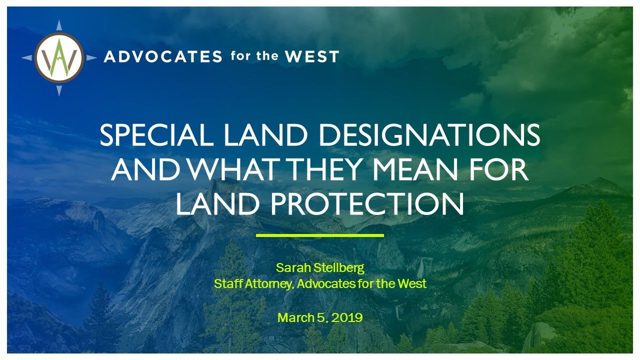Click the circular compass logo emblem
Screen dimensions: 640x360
click(x=59, y=58)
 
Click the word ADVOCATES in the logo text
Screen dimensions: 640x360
click(x=163, y=56)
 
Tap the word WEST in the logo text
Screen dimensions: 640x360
click(x=312, y=56)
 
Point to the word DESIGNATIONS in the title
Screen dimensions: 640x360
click(x=429, y=135)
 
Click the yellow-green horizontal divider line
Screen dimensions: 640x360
click(x=319, y=235)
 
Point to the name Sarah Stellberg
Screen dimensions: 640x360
click(x=320, y=268)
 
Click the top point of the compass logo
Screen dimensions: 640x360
click(x=59, y=20)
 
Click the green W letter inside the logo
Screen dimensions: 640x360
click(x=59, y=58)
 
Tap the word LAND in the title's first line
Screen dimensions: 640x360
click(x=265, y=135)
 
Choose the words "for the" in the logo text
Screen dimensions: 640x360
click(x=254, y=55)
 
